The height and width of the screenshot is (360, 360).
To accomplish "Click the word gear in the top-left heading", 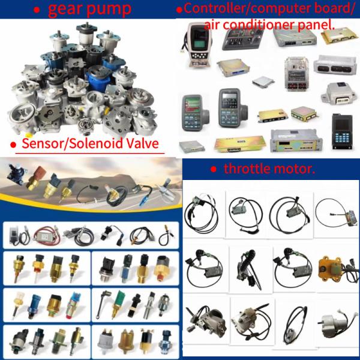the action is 65,9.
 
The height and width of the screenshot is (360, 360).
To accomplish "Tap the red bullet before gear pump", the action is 37,10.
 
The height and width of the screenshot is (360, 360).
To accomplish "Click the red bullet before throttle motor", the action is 214,169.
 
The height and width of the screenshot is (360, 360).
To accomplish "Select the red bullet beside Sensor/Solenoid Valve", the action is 13,145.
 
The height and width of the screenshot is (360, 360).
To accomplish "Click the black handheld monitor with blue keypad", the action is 342,131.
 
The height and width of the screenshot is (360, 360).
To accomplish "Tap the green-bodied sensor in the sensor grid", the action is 117,303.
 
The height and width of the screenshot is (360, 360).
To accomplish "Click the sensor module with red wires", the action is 47,235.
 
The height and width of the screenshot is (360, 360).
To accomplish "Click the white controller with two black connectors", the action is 335,65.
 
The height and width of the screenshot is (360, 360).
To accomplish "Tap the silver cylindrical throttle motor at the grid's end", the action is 335,324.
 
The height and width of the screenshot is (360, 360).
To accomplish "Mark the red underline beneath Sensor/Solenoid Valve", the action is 90,152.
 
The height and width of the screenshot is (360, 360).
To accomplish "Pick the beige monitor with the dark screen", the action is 199,44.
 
